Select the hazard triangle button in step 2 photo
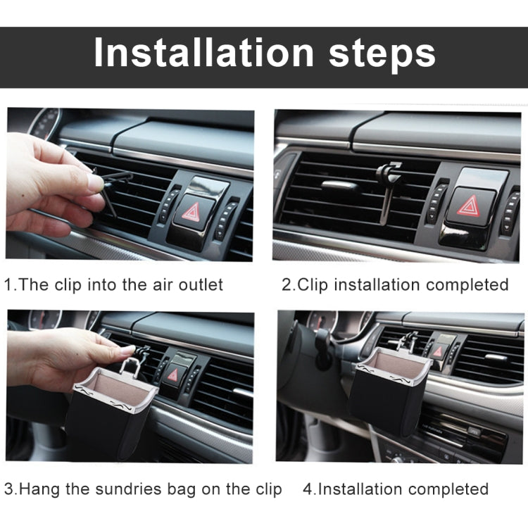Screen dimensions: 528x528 (x=467, y=205)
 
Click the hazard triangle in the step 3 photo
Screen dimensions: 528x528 (x=173, y=375)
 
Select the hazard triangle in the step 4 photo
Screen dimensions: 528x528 (x=438, y=351)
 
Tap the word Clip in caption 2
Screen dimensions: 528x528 (x=312, y=285)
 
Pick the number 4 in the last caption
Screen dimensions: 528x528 (x=307, y=489)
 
